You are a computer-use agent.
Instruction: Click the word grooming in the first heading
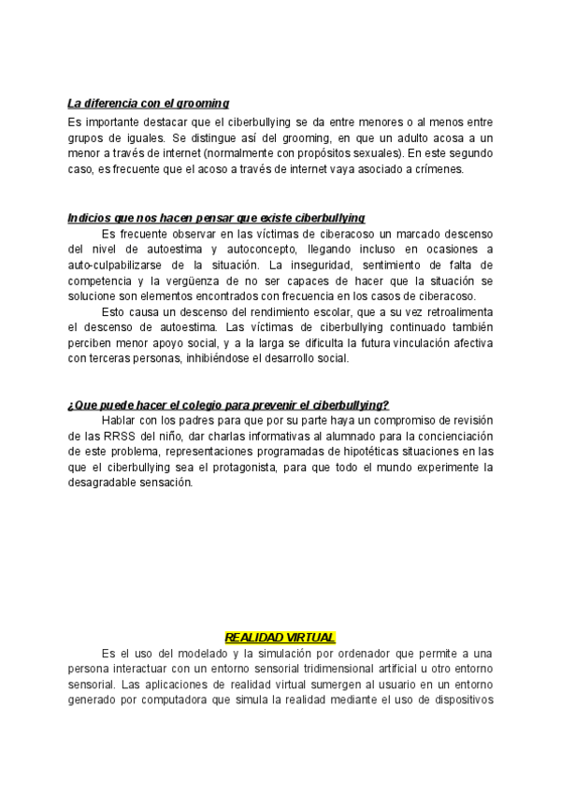(202, 103)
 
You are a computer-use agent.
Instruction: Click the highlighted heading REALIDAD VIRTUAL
(280, 637)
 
